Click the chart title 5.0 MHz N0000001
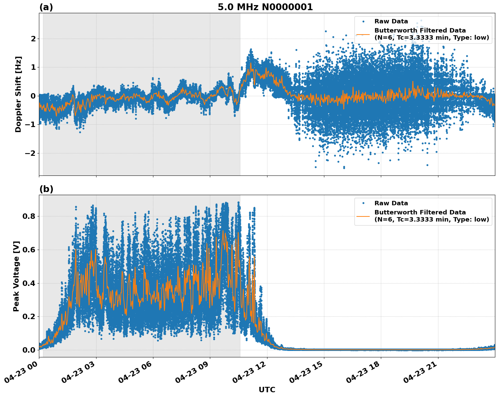coord(265,7)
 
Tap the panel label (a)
coord(46,7)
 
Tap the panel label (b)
coord(46,189)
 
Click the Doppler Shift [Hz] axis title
coord(18,94)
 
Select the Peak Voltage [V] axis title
coord(16,276)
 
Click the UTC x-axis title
coord(267,390)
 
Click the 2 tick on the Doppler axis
coord(33,39)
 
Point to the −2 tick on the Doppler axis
coord(30,153)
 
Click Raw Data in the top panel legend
coord(391,21)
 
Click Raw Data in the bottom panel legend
coord(391,203)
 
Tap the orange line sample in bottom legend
coord(363,216)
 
